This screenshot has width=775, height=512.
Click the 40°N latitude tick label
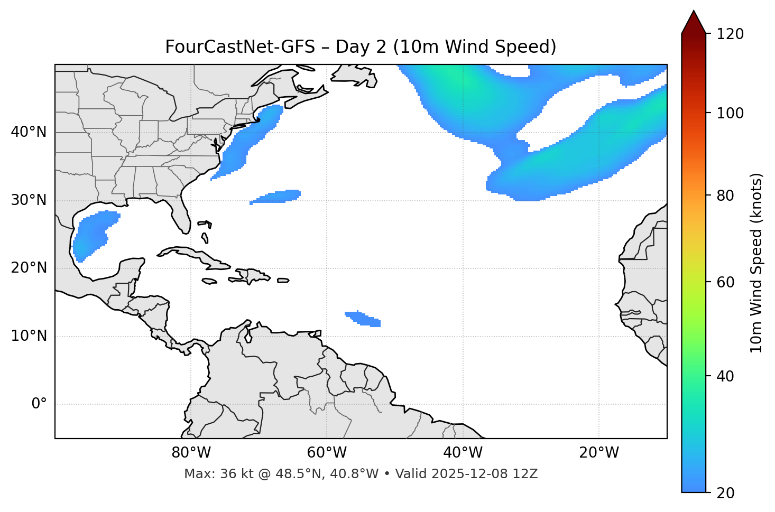29,132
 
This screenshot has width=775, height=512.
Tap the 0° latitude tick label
39,404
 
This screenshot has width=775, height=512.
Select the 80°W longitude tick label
191,453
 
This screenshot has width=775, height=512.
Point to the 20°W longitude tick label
599,453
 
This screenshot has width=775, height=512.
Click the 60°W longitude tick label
327,453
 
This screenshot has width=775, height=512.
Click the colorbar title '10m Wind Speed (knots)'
756,263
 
